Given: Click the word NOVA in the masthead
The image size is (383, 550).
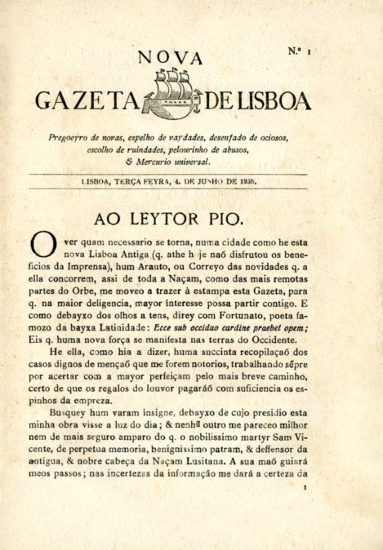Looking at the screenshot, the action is (171, 57).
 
